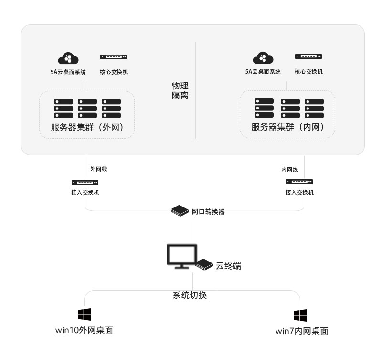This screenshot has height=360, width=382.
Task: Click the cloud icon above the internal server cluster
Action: click(263, 58)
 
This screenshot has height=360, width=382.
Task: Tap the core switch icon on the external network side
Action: click(114, 57)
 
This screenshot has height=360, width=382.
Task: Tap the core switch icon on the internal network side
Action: click(308, 57)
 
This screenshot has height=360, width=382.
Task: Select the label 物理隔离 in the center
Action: click(180, 91)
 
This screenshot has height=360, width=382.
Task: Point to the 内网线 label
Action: click(289, 170)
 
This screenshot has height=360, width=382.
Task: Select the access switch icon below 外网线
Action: click(85, 183)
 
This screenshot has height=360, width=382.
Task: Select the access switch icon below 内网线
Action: click(299, 182)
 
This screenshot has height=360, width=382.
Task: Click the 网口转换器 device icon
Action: click(180, 210)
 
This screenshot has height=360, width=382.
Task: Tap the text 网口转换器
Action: click(208, 211)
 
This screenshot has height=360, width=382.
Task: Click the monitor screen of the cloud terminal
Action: click(181, 255)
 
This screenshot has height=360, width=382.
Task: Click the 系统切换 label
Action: click(190, 295)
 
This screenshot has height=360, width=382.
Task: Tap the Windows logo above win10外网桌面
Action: click(85, 314)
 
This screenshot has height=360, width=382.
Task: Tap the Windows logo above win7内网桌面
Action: click(300, 315)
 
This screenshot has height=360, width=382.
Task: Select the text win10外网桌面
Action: click(85, 330)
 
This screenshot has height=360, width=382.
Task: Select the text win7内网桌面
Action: click(302, 331)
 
